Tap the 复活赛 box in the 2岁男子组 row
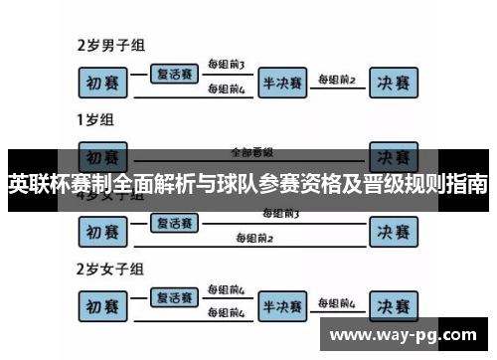pyautogui.click(x=176, y=73)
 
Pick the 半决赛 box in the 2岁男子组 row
pyautogui.click(x=283, y=82)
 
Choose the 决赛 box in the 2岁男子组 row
pyautogui.click(x=392, y=82)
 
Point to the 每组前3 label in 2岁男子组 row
pyautogui.click(x=227, y=65)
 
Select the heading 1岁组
pyautogui.click(x=95, y=121)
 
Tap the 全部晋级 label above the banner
pyautogui.click(x=251, y=152)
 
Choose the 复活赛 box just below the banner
pyautogui.click(x=176, y=224)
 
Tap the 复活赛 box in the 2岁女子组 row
pyautogui.click(x=176, y=296)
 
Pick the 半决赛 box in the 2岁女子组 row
pyautogui.click(x=283, y=305)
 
